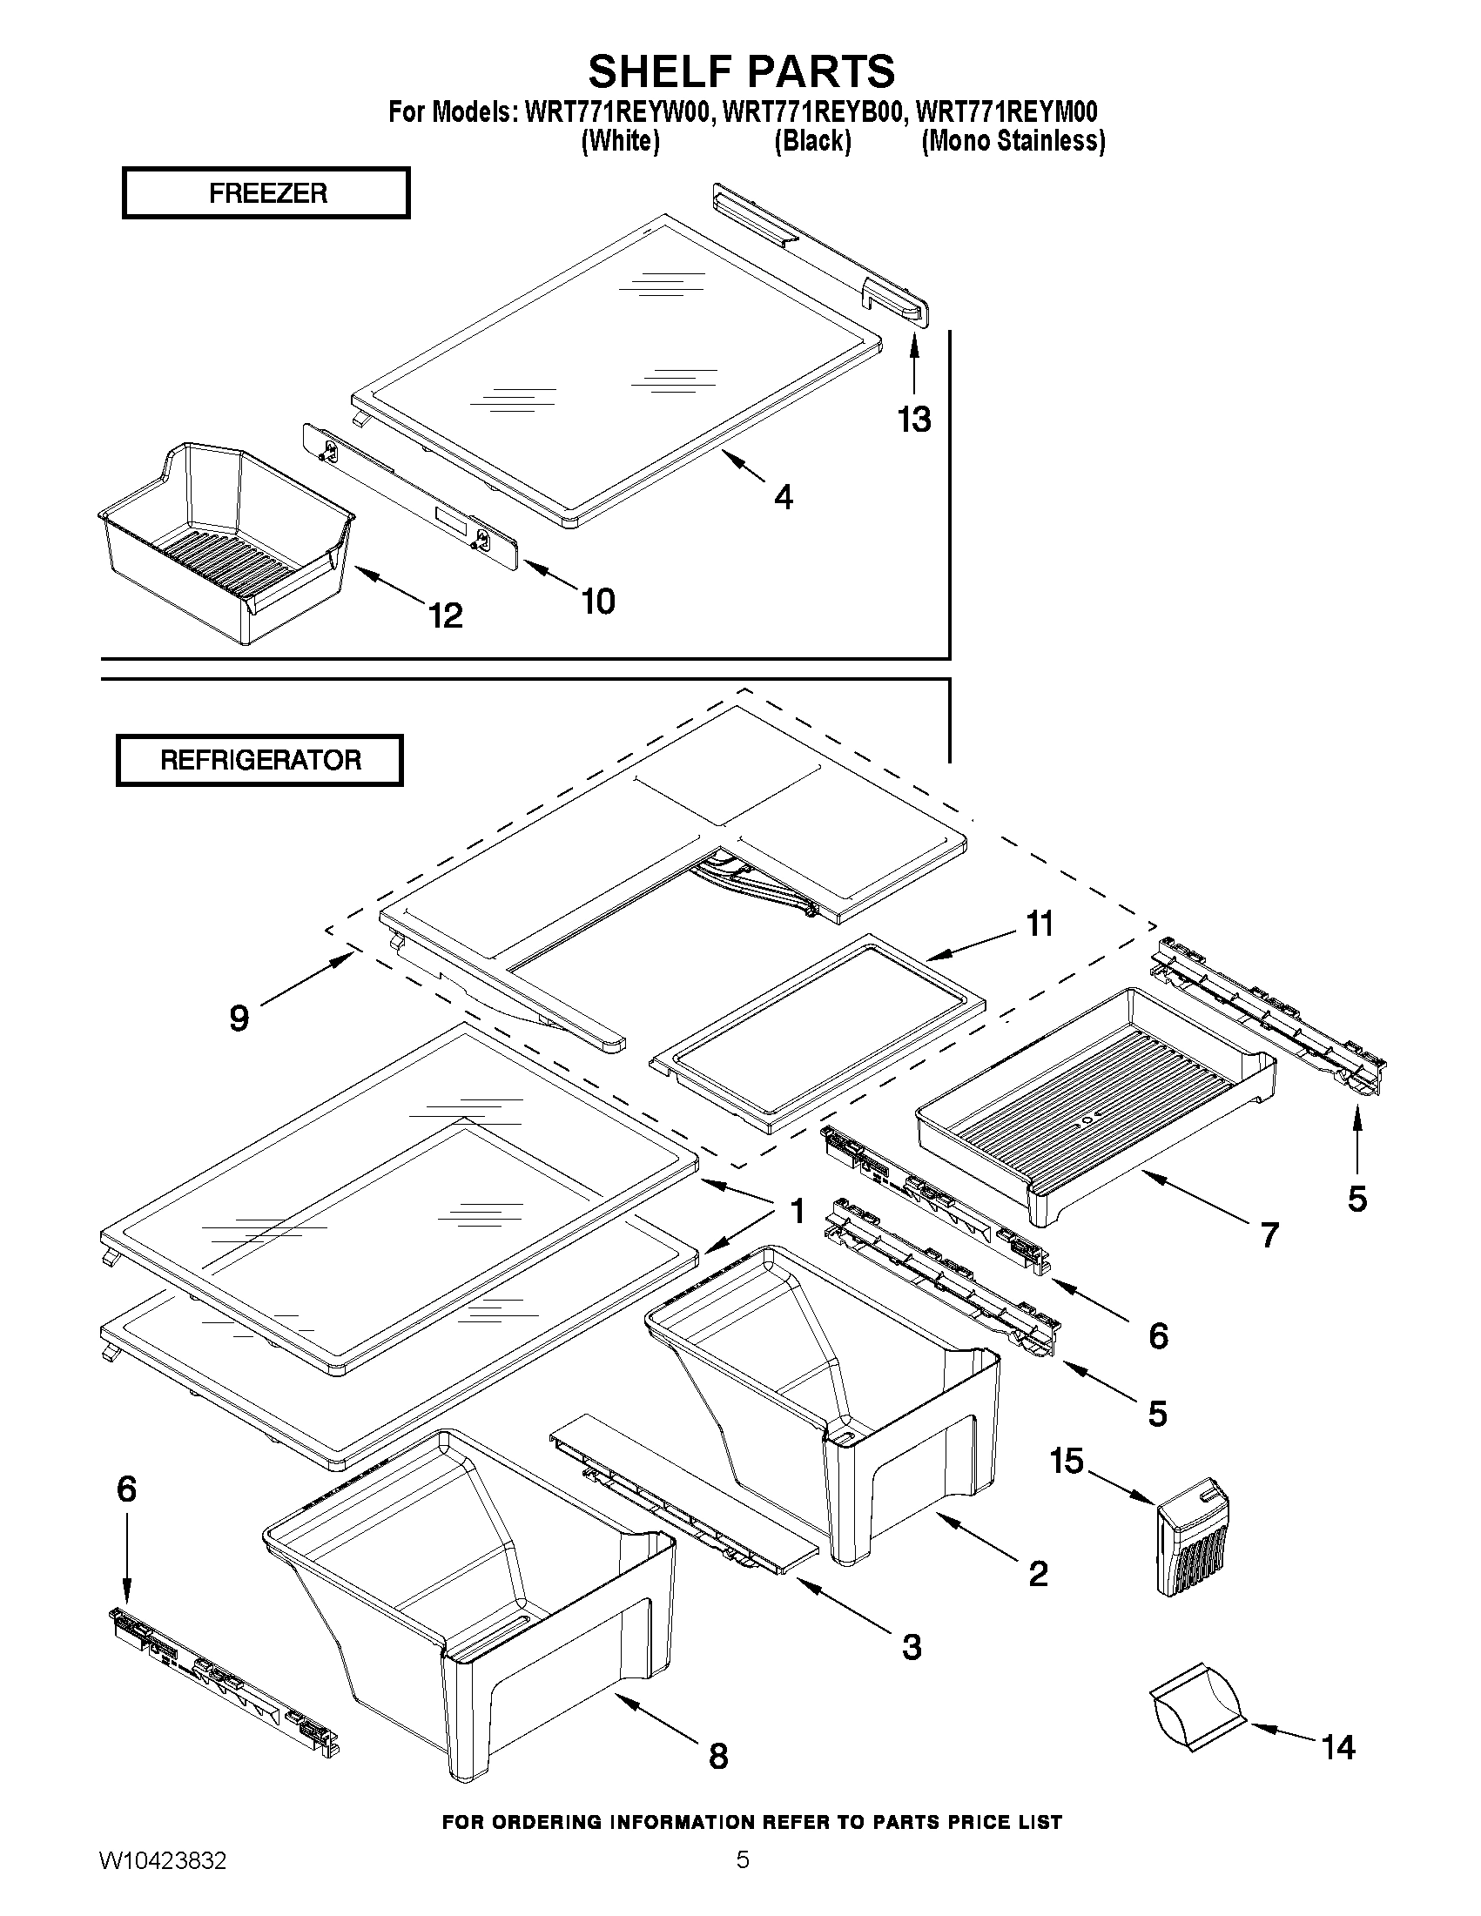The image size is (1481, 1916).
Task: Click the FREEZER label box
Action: pyautogui.click(x=266, y=193)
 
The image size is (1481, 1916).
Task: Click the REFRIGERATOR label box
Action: pyautogui.click(x=259, y=760)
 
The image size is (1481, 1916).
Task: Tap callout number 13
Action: pyautogui.click(x=913, y=420)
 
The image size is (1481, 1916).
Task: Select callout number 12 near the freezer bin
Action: pyautogui.click(x=446, y=615)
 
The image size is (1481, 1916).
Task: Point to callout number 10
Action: pyautogui.click(x=598, y=602)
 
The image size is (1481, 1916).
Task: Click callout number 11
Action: pyautogui.click(x=1040, y=924)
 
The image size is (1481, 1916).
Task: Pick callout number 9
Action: pyautogui.click(x=239, y=1018)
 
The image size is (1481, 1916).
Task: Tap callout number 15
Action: pyautogui.click(x=1067, y=1462)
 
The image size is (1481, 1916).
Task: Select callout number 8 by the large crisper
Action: pyautogui.click(x=717, y=1757)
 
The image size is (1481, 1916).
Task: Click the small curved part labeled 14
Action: pyautogui.click(x=1198, y=1704)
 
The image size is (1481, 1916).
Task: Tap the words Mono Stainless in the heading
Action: pyautogui.click(x=1013, y=141)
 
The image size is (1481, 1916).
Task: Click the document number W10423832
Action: pyautogui.click(x=162, y=1885)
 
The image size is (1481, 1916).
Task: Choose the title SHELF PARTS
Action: pyautogui.click(x=742, y=71)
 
